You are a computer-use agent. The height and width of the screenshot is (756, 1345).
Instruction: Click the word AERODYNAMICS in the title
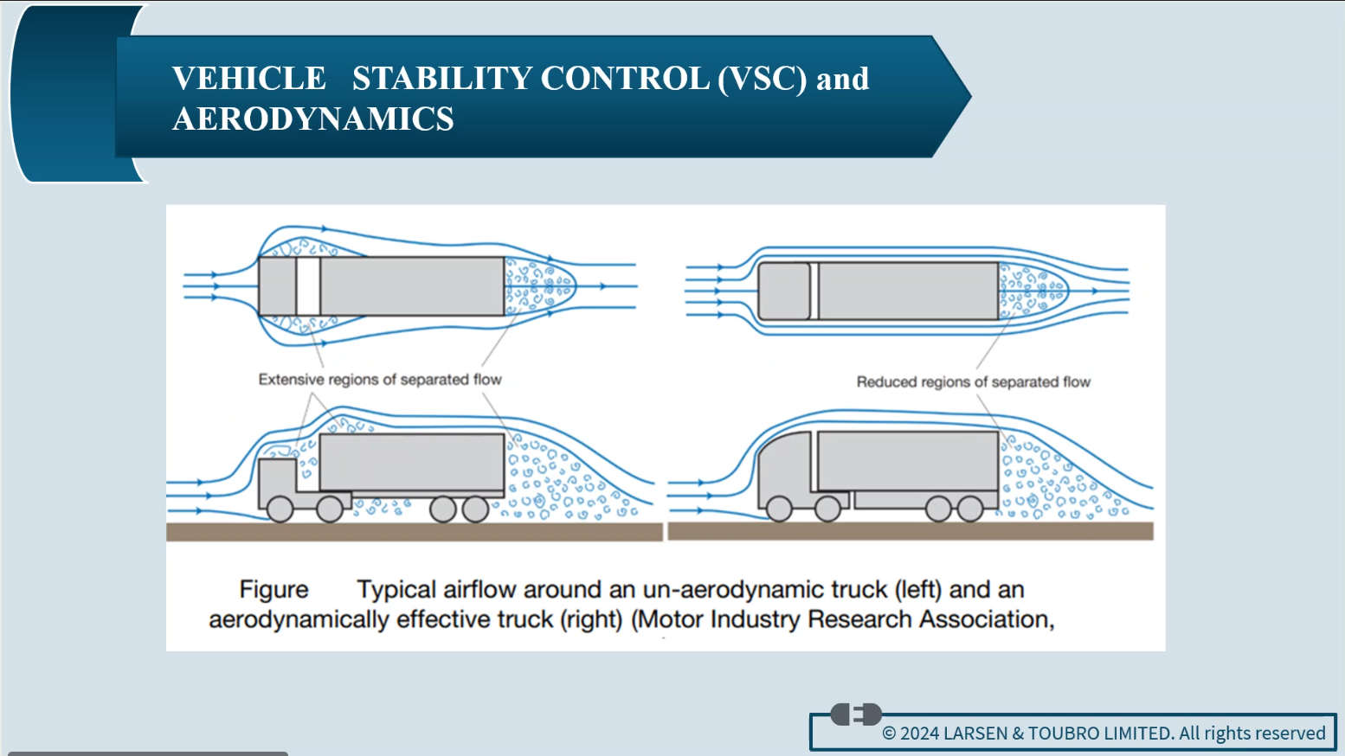point(313,119)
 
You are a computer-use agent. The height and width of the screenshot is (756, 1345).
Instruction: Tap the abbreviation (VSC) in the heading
point(762,79)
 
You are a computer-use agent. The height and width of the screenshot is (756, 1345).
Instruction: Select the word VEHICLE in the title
point(249,79)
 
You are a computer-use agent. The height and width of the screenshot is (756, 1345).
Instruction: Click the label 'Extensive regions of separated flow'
point(380,380)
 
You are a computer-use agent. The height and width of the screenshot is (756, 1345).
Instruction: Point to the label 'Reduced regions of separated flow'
point(973,382)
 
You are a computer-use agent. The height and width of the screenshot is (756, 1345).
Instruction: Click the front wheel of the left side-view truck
point(280,509)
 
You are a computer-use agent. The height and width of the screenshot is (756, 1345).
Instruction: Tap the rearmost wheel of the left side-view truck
point(475,509)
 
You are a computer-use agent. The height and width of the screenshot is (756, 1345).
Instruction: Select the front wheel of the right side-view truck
point(779,509)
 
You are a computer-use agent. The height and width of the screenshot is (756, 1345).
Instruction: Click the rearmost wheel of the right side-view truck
point(970,509)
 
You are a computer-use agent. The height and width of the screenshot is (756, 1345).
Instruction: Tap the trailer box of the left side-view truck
point(411,463)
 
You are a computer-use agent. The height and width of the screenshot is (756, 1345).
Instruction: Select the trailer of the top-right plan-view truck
point(908,292)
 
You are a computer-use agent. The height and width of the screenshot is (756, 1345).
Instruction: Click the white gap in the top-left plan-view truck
point(308,286)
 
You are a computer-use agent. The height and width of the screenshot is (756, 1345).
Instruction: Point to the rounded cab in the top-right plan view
point(783,292)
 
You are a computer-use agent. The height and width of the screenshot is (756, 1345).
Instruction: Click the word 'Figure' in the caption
point(274,590)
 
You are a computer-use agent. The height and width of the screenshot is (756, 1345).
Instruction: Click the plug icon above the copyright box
point(856,714)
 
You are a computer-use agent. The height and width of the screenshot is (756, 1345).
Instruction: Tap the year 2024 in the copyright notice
point(919,734)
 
